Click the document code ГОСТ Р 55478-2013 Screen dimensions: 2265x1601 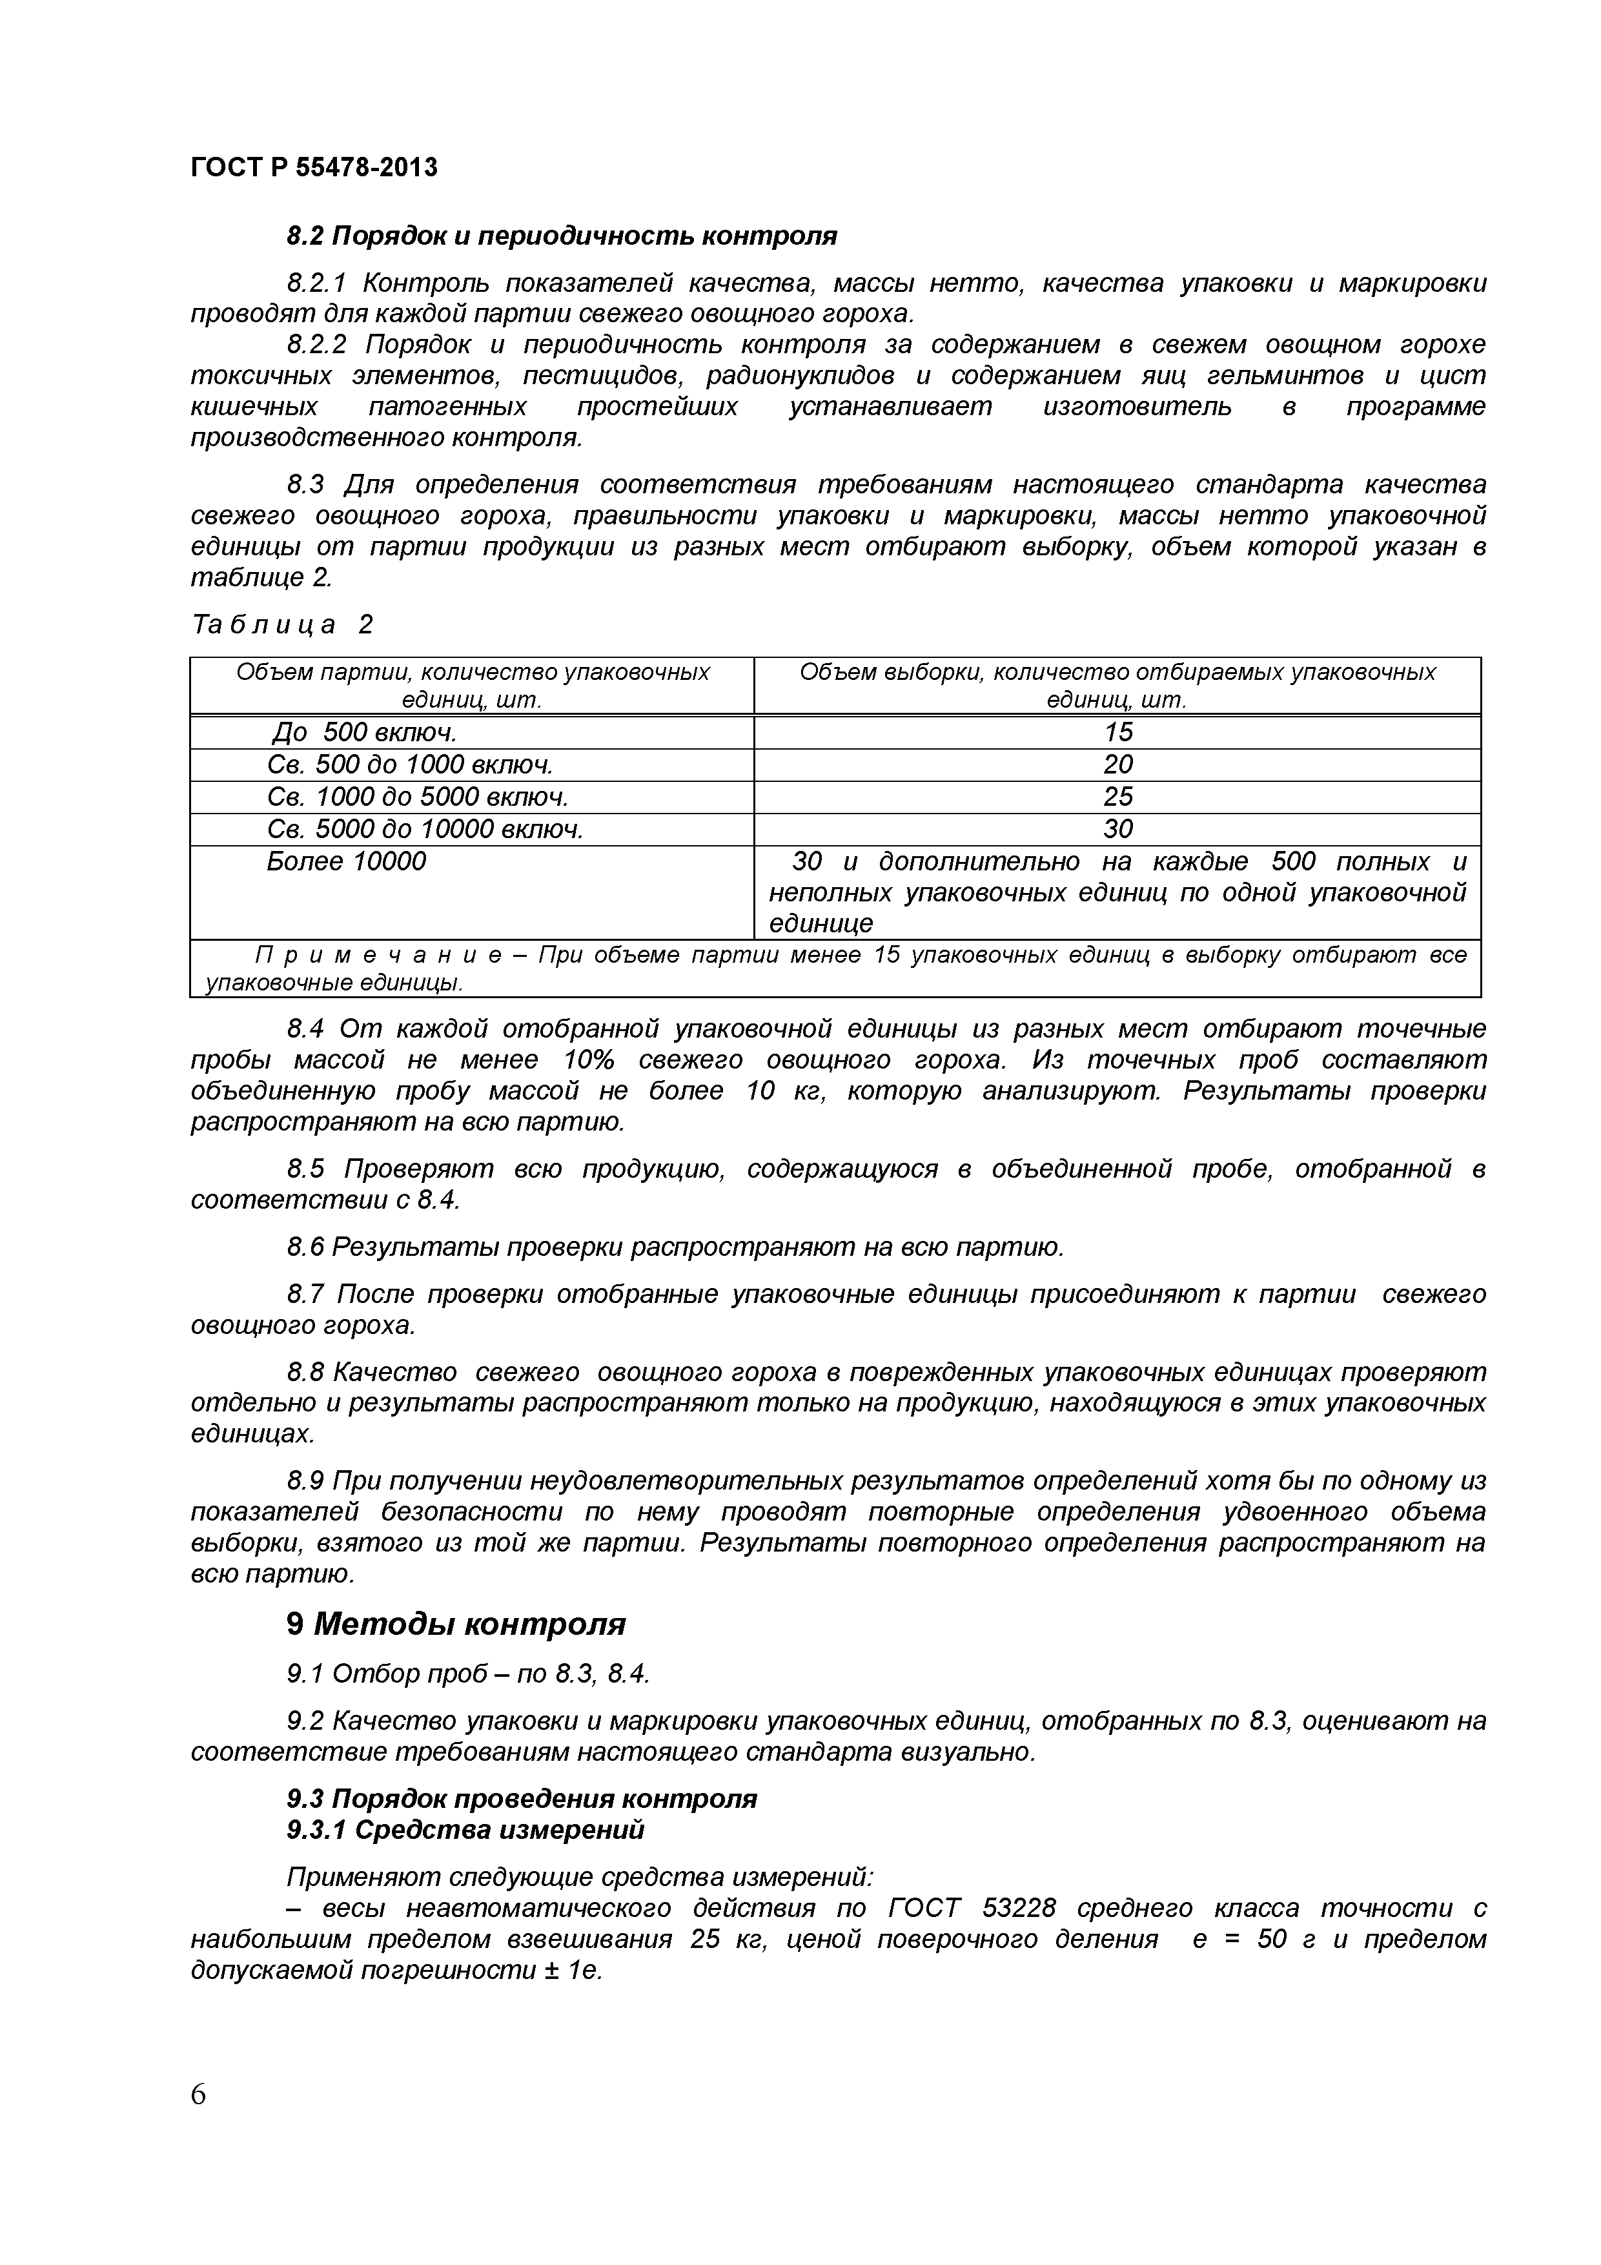click(x=314, y=168)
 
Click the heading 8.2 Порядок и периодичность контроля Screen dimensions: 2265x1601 click(x=561, y=237)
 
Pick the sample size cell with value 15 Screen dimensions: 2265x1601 click(x=1117, y=732)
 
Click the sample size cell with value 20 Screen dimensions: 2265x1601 click(x=1117, y=764)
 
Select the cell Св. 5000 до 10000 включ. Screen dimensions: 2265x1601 click(x=425, y=828)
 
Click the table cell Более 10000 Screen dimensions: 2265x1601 click(x=346, y=861)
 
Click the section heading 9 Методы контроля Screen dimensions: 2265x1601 click(x=456, y=1624)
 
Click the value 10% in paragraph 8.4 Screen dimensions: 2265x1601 click(x=589, y=1060)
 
